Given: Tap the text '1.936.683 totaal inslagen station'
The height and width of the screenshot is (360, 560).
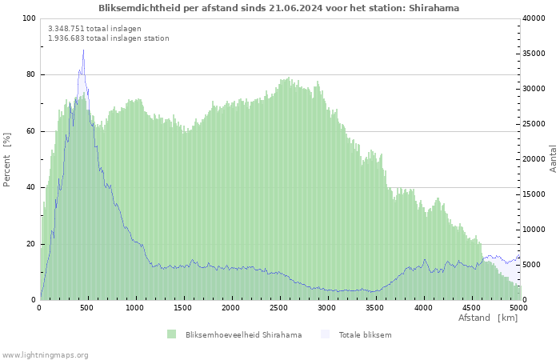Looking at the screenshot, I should pos(108,38).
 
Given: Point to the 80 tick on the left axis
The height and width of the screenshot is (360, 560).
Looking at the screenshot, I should pos(30,74).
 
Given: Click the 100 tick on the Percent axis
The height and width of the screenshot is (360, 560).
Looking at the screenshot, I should pos(28,18).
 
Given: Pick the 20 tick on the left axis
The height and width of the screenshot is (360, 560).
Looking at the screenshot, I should pos(30,244).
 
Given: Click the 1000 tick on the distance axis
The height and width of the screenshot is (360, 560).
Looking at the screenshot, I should pos(135,307).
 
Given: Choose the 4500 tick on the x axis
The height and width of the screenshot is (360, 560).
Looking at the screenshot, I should pos(470,307).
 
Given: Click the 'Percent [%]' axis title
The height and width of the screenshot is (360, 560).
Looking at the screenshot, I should pos(7,159).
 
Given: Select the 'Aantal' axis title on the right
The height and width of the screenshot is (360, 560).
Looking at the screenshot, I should pos(553,158).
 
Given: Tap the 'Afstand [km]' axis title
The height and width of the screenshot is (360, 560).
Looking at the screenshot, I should pos(487,318).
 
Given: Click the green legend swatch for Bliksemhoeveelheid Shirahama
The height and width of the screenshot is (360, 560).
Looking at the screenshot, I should pos(171,334).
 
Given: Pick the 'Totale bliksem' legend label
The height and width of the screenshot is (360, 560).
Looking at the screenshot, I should pos(365,334).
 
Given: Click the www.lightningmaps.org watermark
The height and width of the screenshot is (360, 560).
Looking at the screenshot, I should pos(45,354).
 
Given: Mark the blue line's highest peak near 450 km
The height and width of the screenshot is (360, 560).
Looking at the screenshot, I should pos(83,50).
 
